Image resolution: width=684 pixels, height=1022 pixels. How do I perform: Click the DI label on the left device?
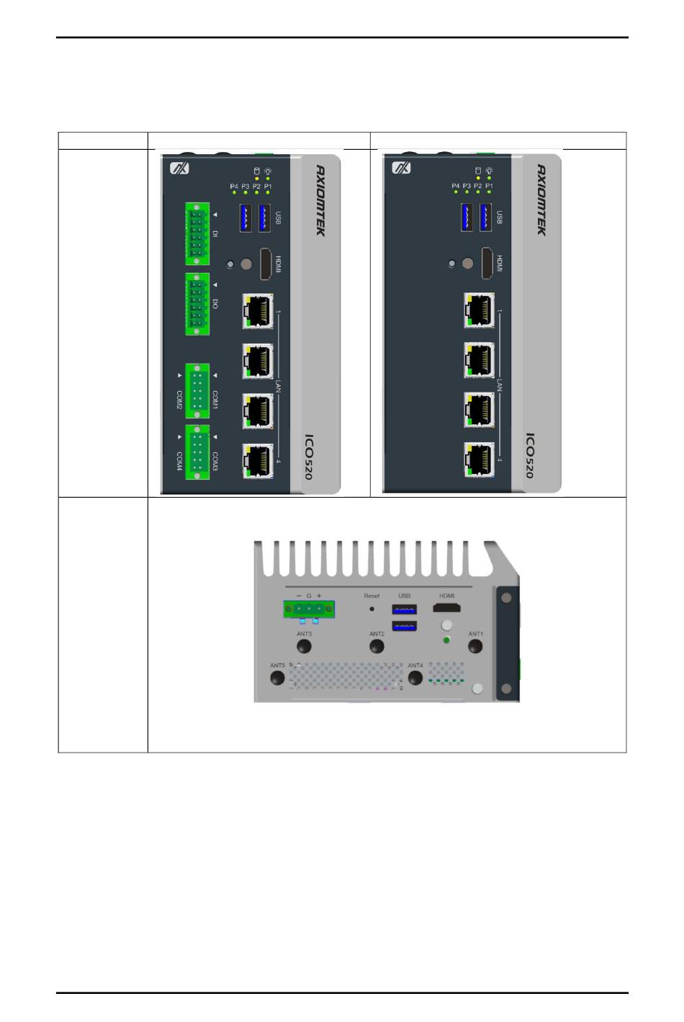point(215,233)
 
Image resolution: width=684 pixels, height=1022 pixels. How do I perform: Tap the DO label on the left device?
point(215,304)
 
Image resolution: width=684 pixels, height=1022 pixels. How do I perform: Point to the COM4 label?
point(179,462)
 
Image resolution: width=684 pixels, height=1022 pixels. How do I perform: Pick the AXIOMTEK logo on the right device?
point(541,200)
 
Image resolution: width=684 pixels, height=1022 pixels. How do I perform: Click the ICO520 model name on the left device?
point(308,456)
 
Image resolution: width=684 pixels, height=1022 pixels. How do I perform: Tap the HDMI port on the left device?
point(265,264)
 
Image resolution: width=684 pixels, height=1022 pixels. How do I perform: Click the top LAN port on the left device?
point(257,310)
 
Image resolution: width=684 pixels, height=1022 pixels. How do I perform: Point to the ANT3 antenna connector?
point(305,646)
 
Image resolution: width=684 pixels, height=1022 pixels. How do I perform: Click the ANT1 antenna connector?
point(475,646)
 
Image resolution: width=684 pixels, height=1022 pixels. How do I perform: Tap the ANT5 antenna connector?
point(278,678)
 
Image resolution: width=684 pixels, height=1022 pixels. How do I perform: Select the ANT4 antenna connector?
point(415,678)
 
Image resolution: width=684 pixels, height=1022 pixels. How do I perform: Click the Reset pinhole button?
point(372,609)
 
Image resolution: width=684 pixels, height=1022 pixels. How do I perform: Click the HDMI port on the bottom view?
point(447,609)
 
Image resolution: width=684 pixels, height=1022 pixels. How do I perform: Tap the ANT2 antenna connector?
point(377,646)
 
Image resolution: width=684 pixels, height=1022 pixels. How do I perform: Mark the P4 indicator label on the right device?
point(456,186)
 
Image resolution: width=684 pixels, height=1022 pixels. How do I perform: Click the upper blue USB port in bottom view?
point(405,609)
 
